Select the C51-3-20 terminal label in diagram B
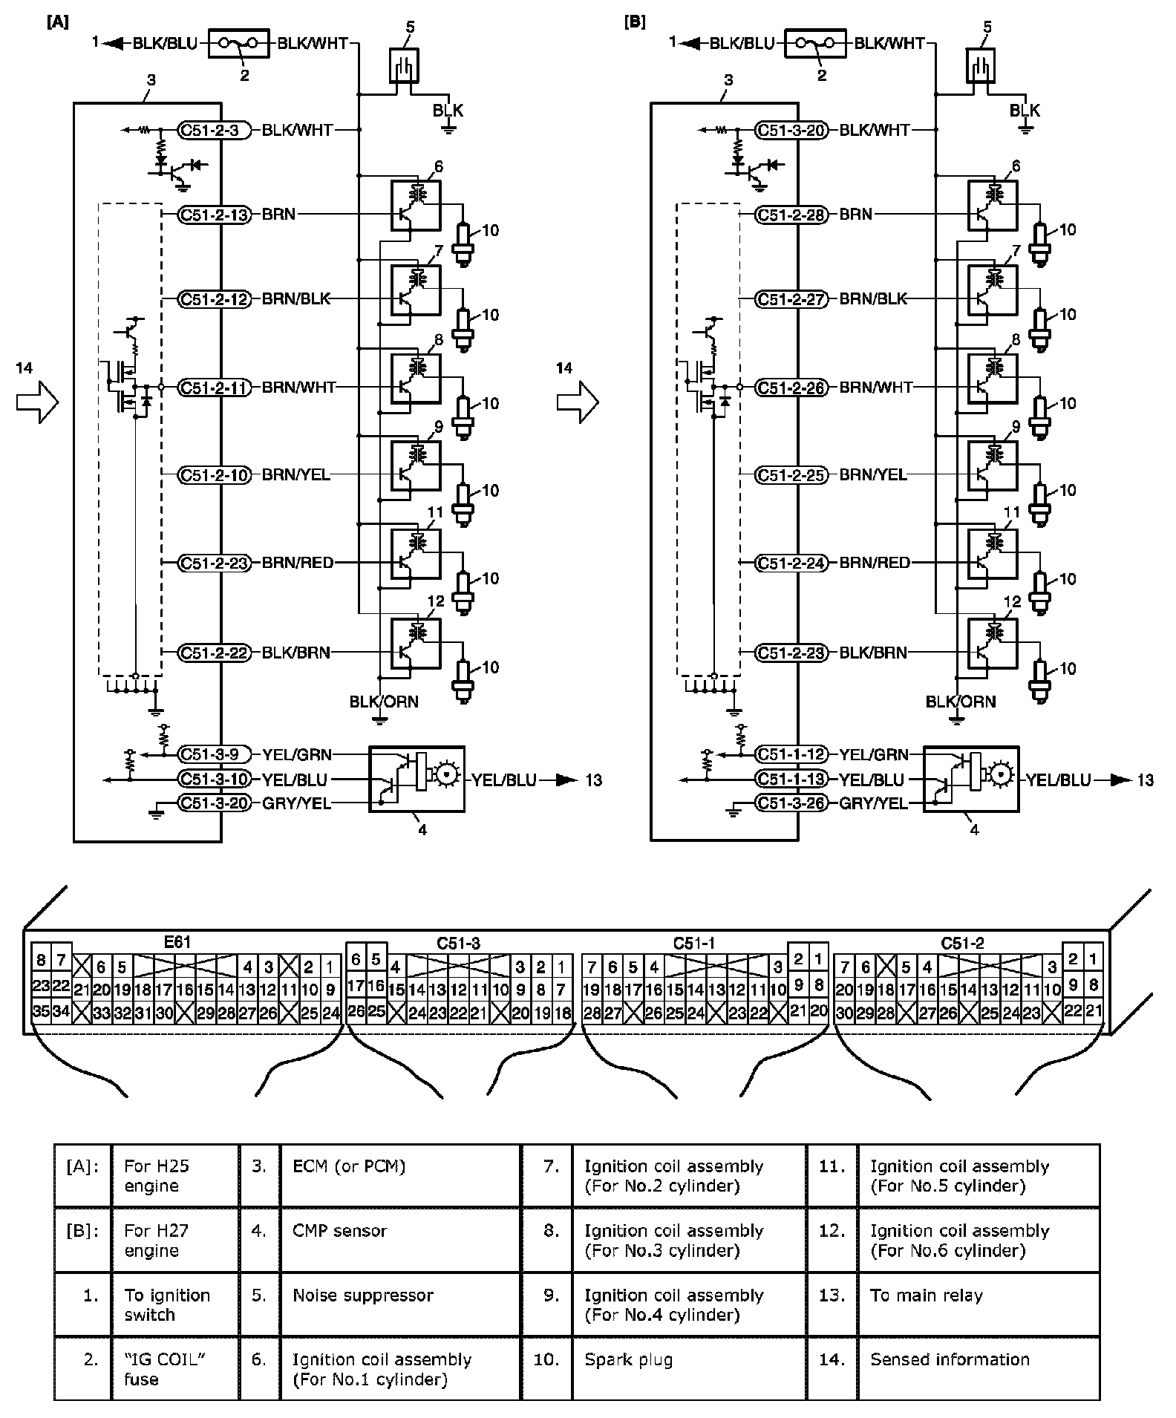[791, 130]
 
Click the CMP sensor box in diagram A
[416, 779]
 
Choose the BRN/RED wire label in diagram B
[874, 563]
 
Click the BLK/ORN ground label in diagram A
[384, 702]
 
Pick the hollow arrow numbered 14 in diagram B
[578, 402]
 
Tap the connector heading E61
[177, 942]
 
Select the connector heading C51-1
[693, 943]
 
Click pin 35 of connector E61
[41, 1011]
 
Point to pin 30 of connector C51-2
[844, 1011]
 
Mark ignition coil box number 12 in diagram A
[416, 644]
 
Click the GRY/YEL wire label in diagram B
[873, 803]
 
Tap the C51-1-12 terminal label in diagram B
[791, 754]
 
